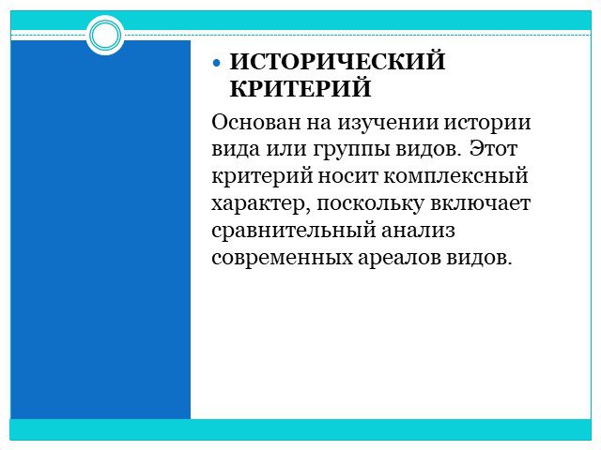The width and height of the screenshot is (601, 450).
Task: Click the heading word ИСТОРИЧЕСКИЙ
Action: tap(337, 61)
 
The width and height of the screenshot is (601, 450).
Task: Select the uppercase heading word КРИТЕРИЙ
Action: tap(300, 88)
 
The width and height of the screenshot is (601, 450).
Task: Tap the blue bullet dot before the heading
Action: tap(217, 63)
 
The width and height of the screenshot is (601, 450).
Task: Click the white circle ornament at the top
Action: tap(105, 35)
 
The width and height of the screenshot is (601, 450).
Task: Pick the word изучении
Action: tap(388, 123)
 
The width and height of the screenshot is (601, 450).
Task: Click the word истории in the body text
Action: tap(487, 123)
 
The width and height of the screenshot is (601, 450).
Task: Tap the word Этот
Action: tap(494, 148)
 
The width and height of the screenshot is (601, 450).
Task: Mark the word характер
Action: tap(260, 204)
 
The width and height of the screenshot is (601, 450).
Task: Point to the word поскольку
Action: tap(370, 204)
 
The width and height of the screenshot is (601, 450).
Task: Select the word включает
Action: tap(480, 202)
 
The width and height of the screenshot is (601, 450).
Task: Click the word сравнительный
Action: tap(294, 232)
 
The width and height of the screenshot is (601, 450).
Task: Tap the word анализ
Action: tap(419, 231)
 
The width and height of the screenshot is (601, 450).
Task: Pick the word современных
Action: tap(282, 258)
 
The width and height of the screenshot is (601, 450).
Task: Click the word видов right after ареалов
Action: tap(479, 257)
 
